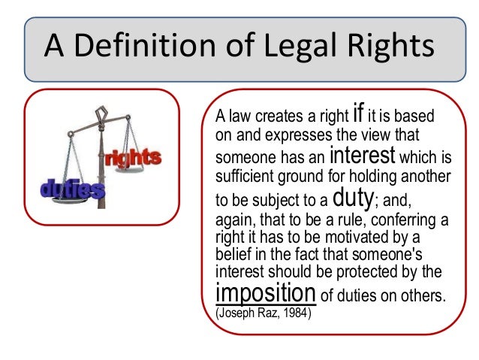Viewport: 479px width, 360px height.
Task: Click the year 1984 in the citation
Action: [x=299, y=308]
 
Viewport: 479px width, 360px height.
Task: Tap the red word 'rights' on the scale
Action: [x=134, y=159]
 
